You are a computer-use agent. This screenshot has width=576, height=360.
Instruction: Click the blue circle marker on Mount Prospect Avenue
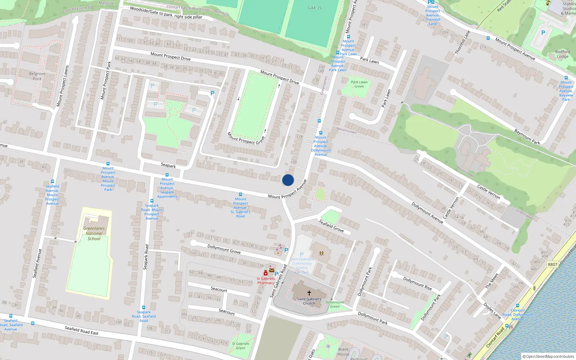[288, 180]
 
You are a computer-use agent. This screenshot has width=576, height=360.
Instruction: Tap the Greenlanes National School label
[94, 233]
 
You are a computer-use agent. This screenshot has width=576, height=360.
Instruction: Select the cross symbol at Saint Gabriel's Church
[309, 293]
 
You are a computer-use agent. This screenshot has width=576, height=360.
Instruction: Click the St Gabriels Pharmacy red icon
[266, 273]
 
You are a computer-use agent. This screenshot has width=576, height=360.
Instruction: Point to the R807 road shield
[552, 264]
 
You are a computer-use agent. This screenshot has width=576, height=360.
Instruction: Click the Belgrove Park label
[37, 76]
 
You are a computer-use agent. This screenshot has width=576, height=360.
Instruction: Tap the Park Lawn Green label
[359, 84]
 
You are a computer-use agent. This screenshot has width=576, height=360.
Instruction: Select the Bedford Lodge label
[562, 54]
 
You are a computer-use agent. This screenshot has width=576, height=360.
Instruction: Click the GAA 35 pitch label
[314, 8]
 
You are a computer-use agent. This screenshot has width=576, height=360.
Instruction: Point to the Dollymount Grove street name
[224, 249]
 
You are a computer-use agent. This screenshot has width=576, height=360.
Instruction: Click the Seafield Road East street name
[81, 330]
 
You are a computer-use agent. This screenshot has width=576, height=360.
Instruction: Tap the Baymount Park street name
[527, 137]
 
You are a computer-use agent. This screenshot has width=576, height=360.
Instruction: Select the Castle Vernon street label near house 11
[489, 192]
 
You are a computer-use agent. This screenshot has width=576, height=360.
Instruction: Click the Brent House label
[343, 351]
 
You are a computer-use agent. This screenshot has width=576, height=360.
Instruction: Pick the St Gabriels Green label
[240, 346]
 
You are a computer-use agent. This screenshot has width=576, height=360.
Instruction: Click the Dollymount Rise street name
[417, 283]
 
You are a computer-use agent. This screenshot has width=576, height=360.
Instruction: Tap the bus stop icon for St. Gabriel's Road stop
[240, 194]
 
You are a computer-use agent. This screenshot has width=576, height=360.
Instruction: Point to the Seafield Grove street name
[331, 226]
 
